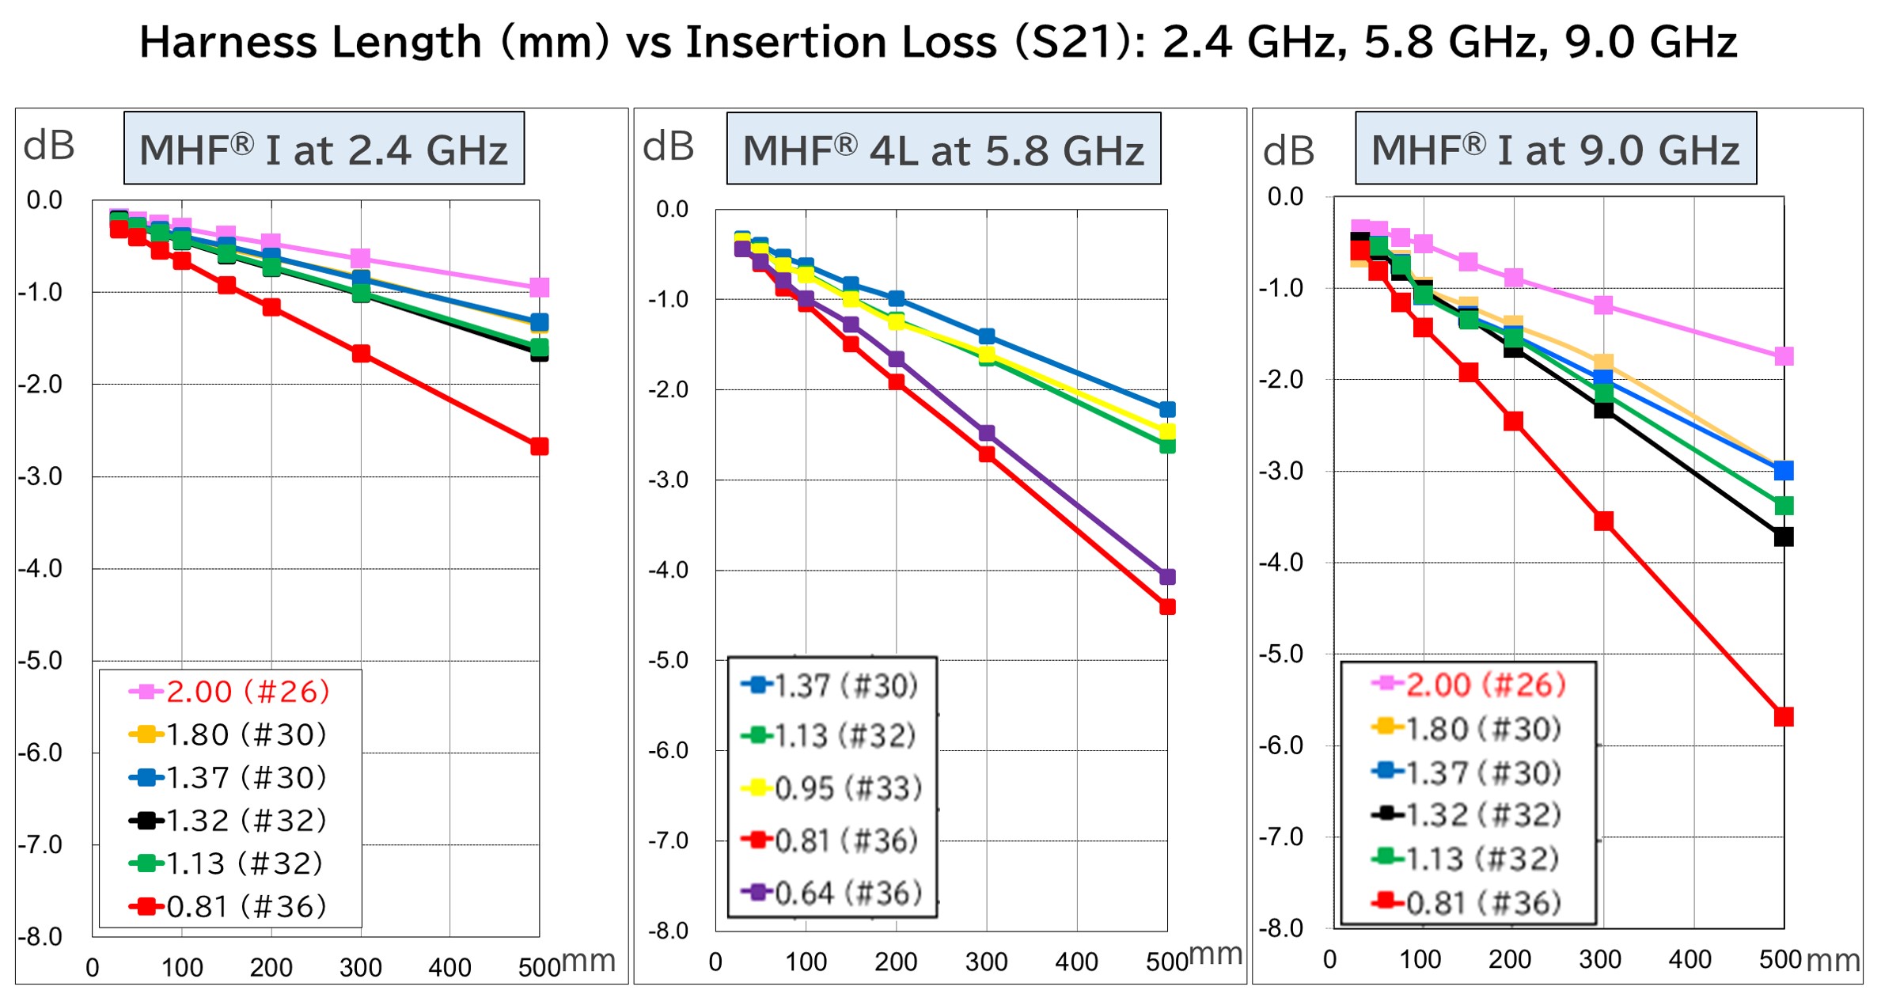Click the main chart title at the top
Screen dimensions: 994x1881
click(939, 43)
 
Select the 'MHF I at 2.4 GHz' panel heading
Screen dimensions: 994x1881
click(324, 149)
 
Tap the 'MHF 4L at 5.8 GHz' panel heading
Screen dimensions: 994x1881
click(943, 150)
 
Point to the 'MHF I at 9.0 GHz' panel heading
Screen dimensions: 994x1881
click(1555, 149)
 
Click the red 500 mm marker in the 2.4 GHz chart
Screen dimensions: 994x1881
click(540, 446)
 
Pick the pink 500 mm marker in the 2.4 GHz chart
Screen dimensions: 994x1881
click(540, 287)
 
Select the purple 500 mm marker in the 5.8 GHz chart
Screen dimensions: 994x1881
click(1167, 577)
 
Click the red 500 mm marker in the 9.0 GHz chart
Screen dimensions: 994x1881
click(1784, 717)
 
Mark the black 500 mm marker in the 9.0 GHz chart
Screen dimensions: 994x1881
click(1784, 537)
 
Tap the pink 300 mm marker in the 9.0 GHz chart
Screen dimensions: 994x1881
click(1603, 305)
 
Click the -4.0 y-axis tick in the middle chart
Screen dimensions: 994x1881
click(668, 570)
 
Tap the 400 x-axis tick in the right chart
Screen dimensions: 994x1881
click(1689, 959)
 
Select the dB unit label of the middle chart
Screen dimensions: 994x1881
click(668, 146)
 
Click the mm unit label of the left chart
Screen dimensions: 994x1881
click(589, 961)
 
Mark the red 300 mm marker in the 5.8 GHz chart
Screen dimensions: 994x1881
click(987, 454)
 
